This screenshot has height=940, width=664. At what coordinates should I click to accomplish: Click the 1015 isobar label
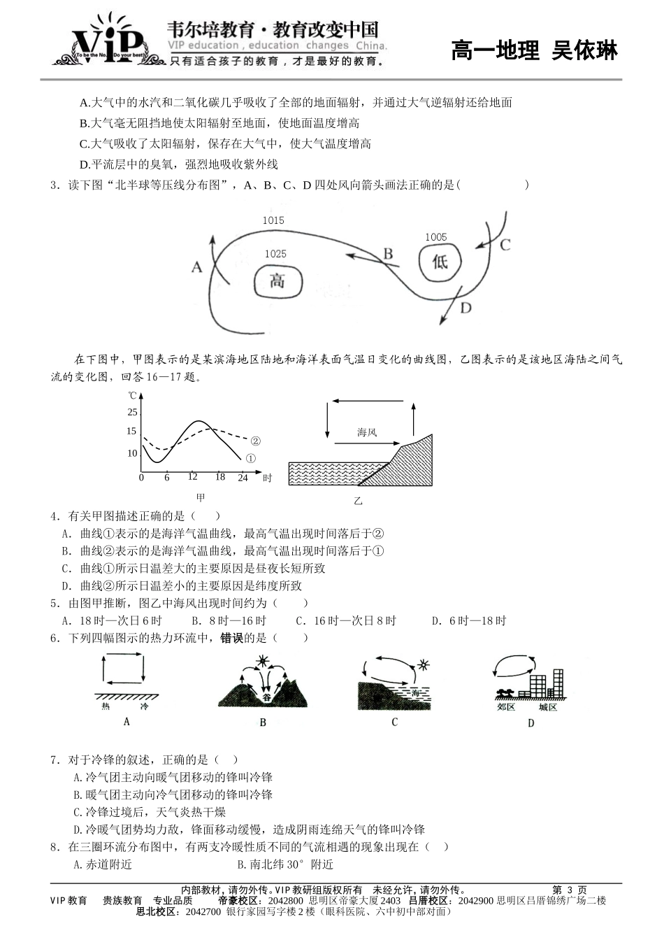click(273, 220)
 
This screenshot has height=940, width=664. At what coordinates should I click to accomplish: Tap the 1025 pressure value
click(275, 254)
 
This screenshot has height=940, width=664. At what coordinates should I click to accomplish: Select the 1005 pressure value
click(435, 237)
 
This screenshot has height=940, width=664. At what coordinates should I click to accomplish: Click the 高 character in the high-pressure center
click(277, 281)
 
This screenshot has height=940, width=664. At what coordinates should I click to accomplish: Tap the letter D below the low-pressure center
click(465, 308)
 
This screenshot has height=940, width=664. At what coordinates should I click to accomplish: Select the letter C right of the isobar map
click(505, 245)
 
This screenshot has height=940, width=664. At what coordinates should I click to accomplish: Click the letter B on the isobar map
click(388, 253)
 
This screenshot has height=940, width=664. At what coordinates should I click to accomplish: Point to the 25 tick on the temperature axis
click(132, 413)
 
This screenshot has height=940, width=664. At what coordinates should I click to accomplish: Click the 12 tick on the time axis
click(192, 477)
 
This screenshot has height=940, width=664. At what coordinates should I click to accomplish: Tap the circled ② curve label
click(255, 441)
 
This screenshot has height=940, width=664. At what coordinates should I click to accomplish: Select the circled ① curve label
click(251, 459)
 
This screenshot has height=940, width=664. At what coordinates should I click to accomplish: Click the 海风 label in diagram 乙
click(367, 432)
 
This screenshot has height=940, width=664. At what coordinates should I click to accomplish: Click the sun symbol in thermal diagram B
click(263, 661)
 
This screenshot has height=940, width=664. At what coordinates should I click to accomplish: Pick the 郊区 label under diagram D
click(506, 707)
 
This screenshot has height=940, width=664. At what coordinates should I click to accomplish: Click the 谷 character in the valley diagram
click(266, 697)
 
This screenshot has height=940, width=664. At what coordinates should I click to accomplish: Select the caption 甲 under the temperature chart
click(201, 498)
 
